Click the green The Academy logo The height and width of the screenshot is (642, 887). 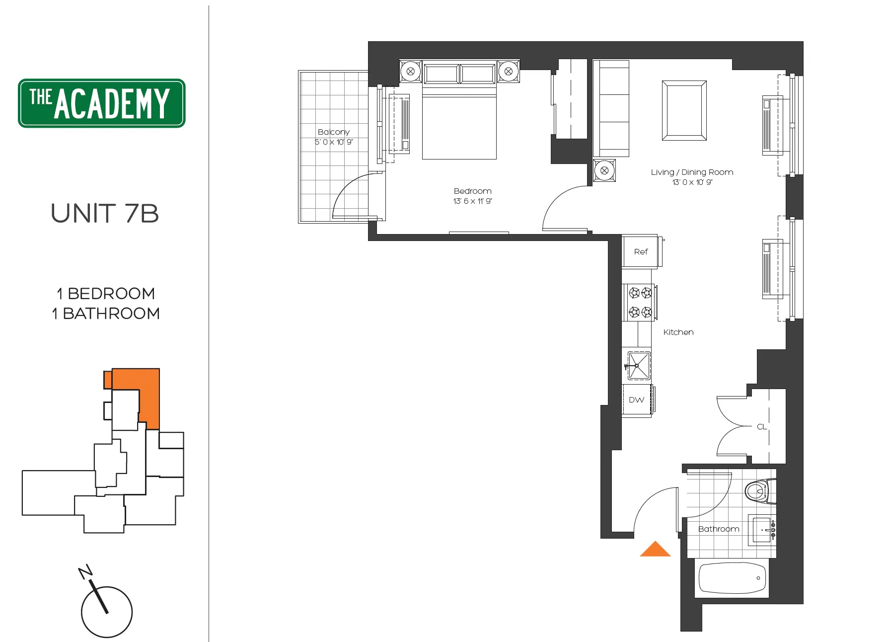tap(102, 103)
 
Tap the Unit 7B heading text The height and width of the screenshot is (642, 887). tap(105, 214)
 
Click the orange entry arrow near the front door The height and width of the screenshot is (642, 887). tap(655, 549)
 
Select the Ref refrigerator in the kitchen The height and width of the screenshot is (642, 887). tap(640, 252)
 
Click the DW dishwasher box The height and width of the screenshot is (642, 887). tap(636, 400)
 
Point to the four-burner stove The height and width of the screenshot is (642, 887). tap(640, 303)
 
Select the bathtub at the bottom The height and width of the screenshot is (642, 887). tap(732, 578)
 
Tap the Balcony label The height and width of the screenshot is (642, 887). tap(334, 132)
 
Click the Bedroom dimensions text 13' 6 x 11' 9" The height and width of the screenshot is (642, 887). tap(472, 201)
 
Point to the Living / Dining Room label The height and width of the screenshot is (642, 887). tap(692, 172)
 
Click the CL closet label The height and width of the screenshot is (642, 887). tap(761, 427)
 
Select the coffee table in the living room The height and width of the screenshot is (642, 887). tap(684, 111)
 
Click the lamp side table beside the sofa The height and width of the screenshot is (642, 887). tap(604, 171)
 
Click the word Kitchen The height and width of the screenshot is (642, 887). tap(678, 332)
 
